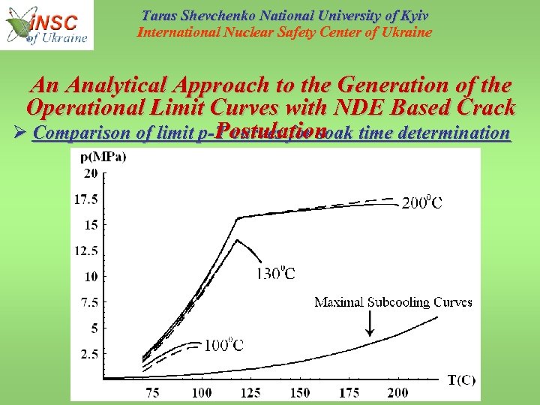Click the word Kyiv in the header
point(412,16)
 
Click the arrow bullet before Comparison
point(19,133)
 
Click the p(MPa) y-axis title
point(104,157)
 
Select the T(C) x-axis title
point(461,379)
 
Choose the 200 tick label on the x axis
point(398,392)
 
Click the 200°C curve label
point(422,202)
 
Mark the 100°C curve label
point(224,345)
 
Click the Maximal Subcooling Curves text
point(393,302)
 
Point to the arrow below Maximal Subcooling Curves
point(369,324)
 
